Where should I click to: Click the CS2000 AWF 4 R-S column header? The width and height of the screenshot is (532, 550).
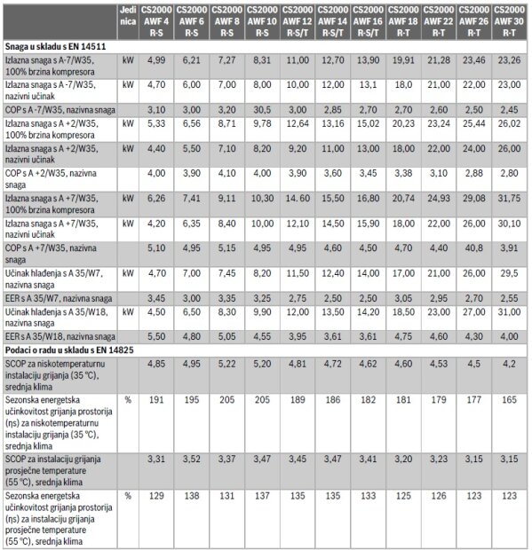point(156,21)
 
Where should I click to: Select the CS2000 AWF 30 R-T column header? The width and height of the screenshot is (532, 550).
point(509,21)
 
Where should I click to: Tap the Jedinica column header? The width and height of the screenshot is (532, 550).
point(128,16)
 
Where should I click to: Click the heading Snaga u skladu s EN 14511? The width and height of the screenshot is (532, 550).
point(55,47)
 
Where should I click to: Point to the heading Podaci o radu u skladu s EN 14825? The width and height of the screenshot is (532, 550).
point(69,350)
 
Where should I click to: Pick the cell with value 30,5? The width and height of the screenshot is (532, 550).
point(262,110)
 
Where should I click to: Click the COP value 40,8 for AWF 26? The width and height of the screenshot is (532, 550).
point(473,248)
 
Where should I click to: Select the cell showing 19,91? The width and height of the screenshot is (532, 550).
point(403,60)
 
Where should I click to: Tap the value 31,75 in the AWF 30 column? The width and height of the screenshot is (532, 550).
point(509,199)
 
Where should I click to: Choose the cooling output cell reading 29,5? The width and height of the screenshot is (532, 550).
point(509,273)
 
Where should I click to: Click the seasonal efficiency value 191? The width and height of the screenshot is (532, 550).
point(156,400)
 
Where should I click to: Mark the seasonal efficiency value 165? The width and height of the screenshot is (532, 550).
point(509,400)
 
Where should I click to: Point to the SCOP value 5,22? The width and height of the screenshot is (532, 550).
point(226,364)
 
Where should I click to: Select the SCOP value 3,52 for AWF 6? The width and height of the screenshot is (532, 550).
point(191,460)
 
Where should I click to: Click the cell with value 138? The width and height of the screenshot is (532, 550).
point(191,496)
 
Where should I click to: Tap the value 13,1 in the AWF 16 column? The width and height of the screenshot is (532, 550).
point(368,85)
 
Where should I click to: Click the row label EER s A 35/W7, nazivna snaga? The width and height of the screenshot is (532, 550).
point(59,299)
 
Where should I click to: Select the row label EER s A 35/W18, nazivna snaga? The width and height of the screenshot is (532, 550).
point(60,337)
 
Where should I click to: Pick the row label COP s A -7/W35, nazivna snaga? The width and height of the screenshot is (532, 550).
point(60,110)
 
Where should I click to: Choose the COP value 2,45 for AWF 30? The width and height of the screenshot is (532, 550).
point(509,110)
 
